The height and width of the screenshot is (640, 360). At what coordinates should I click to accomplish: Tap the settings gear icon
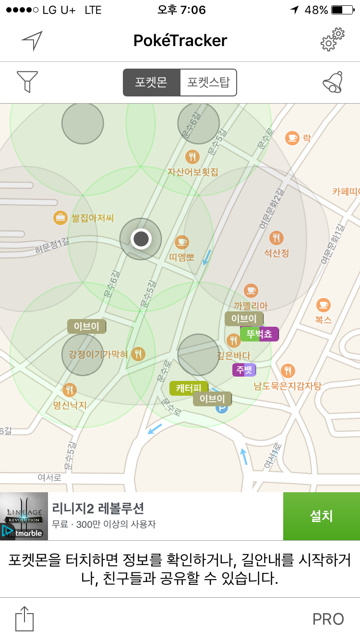coord(333,40)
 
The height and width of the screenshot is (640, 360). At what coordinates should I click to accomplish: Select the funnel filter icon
coord(27,82)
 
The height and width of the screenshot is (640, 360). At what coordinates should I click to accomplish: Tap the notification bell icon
coord(333,82)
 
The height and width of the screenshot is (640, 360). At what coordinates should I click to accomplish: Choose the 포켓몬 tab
coord(151,83)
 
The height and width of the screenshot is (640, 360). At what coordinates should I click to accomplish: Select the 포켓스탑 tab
coord(208,83)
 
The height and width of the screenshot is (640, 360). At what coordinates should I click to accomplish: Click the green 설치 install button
coord(321,516)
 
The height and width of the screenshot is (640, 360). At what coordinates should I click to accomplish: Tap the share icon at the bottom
coord(25,619)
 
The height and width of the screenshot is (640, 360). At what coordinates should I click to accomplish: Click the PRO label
coord(328,619)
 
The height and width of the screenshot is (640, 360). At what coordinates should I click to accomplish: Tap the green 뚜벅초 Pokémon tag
coord(259,334)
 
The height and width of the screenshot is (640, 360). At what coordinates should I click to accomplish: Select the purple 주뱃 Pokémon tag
coord(244,370)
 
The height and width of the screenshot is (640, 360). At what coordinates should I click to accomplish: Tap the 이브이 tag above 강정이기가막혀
coord(86,327)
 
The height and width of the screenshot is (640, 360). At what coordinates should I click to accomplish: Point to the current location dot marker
coord(141,238)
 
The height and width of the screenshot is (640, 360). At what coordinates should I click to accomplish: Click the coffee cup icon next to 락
coord(292,138)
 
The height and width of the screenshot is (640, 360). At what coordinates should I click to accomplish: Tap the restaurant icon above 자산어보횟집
coord(192,156)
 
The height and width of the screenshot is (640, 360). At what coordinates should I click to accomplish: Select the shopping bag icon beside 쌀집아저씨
coord(60,218)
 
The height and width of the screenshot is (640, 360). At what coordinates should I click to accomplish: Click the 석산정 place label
coord(276,253)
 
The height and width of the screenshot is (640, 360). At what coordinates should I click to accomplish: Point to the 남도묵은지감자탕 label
coord(288,385)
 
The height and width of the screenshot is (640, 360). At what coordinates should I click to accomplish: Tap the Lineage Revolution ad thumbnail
coord(24,516)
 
